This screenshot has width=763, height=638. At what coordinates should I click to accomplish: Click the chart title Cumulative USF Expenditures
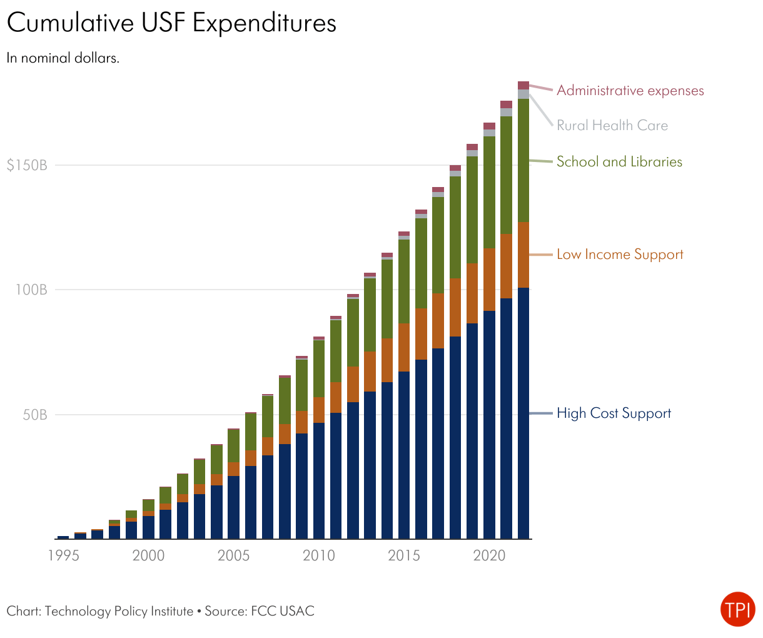tap(171, 23)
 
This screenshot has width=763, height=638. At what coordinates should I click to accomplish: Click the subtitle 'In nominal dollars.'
tap(63, 58)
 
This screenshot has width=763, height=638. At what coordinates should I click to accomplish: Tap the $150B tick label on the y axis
tap(27, 166)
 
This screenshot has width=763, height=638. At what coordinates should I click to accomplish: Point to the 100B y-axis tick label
tap(31, 290)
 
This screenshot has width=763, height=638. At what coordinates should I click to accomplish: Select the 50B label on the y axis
tap(35, 415)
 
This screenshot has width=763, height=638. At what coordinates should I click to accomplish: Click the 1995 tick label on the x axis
tap(63, 555)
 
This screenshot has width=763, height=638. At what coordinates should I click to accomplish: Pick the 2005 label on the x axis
tap(233, 555)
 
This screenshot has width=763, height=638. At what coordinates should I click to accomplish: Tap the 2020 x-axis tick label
tap(489, 555)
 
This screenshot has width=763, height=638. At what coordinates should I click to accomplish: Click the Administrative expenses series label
tap(630, 91)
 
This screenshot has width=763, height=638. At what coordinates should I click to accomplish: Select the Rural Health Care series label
tap(612, 126)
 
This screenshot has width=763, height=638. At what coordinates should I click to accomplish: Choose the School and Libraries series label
tap(619, 162)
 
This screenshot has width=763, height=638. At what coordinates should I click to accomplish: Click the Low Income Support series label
tap(620, 255)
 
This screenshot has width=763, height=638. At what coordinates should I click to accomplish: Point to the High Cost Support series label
tap(614, 413)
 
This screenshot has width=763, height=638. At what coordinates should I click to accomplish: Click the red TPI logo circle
tap(737, 609)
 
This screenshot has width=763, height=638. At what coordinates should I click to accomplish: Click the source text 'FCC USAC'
tap(283, 611)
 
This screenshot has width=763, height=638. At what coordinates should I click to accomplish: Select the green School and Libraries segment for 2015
tap(404, 281)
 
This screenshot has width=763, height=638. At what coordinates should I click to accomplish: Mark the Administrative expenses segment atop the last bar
tap(523, 86)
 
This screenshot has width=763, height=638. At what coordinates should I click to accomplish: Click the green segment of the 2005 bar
tap(233, 446)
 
